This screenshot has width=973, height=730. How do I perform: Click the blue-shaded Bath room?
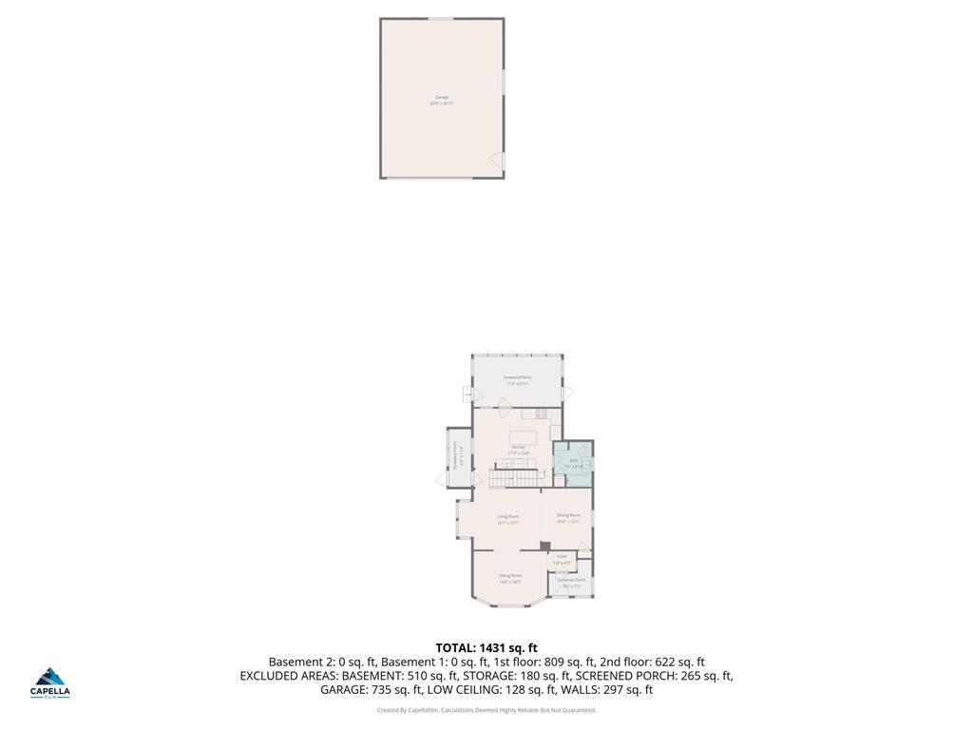573,464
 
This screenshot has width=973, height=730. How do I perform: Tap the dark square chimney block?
544,546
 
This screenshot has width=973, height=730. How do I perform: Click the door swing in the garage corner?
495,161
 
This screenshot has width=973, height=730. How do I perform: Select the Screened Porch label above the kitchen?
517,379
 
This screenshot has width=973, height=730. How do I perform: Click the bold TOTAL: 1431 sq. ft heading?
486,648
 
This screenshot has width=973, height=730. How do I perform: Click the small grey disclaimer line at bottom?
486,710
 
